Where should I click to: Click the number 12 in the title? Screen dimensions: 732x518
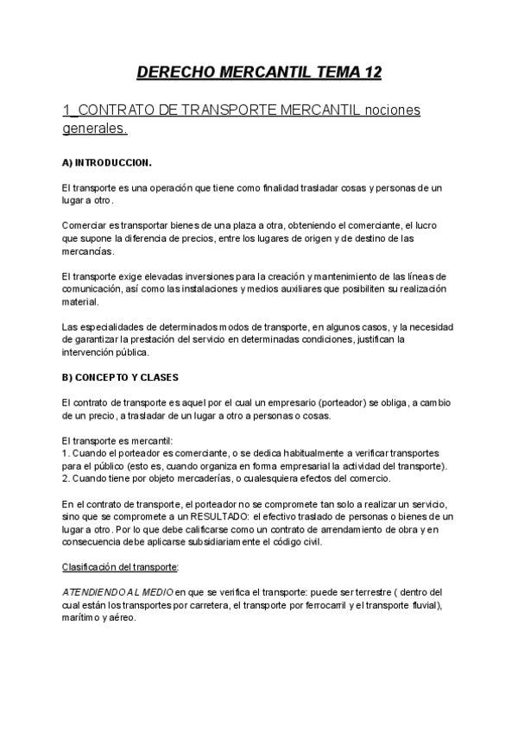[x=368, y=73]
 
